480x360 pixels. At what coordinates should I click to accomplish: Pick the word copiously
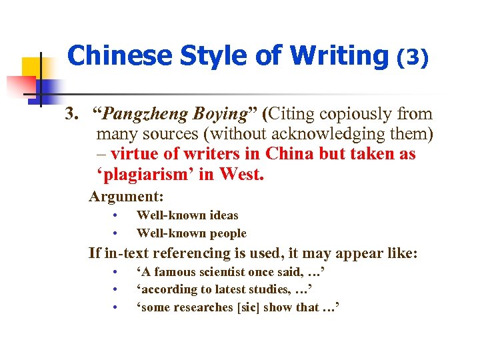click(x=348, y=115)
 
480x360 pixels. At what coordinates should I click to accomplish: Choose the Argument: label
click(x=126, y=197)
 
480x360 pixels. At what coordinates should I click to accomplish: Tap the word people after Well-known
click(x=226, y=233)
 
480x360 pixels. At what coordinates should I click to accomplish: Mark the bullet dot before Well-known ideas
click(x=115, y=215)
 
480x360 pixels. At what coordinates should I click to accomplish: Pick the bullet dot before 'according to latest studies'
click(x=115, y=289)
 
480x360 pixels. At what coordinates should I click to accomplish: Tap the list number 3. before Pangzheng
click(x=71, y=115)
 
